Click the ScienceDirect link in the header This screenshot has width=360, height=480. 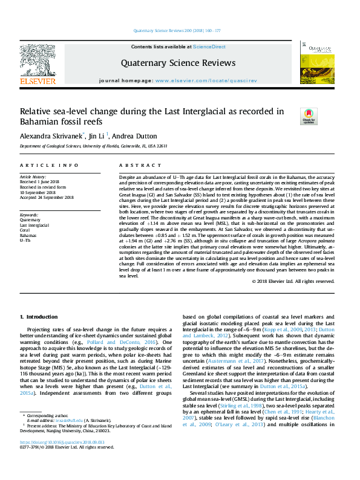[x=210, y=47]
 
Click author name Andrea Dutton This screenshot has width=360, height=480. [x=136, y=136]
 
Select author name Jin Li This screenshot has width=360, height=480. [x=97, y=136]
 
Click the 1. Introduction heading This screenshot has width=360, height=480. [x=39, y=317]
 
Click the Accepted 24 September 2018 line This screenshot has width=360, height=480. [x=47, y=197]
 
